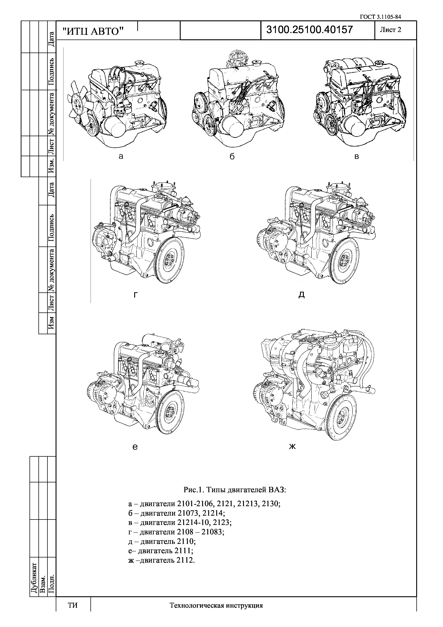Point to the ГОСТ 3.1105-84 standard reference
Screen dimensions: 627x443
click(380, 17)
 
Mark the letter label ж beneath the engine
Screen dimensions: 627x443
click(292, 447)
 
